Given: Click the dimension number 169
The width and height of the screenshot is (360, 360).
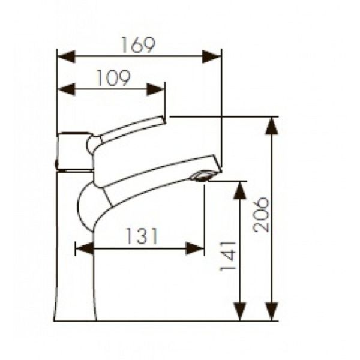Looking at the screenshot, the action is [x=139, y=45].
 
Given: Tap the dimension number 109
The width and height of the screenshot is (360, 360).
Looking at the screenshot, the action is [x=113, y=78].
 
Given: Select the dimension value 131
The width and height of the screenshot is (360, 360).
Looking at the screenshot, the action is [x=142, y=236].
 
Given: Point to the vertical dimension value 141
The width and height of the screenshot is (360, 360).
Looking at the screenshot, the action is [x=228, y=256].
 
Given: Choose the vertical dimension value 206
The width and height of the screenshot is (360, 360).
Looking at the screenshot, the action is [x=260, y=214].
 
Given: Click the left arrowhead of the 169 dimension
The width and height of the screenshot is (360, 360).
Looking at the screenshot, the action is [x=66, y=56].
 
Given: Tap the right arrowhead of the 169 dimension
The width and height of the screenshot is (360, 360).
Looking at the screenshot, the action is [x=212, y=56].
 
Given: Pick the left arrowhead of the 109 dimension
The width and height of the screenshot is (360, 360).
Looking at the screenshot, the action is [x=66, y=89].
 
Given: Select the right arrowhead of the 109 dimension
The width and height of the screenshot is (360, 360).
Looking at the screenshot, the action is [x=155, y=89].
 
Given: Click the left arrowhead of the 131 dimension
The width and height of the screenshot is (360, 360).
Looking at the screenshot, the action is [x=85, y=248].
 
